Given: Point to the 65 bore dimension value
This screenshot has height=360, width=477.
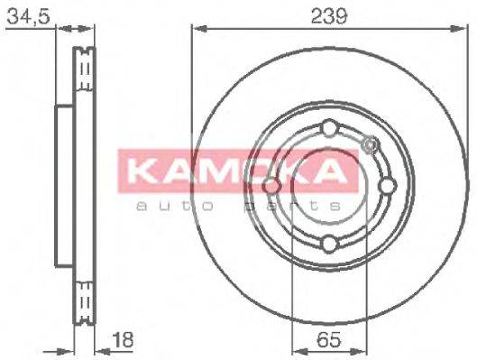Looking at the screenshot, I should (329, 340).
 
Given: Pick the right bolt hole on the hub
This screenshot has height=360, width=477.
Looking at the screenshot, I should (388, 185).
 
